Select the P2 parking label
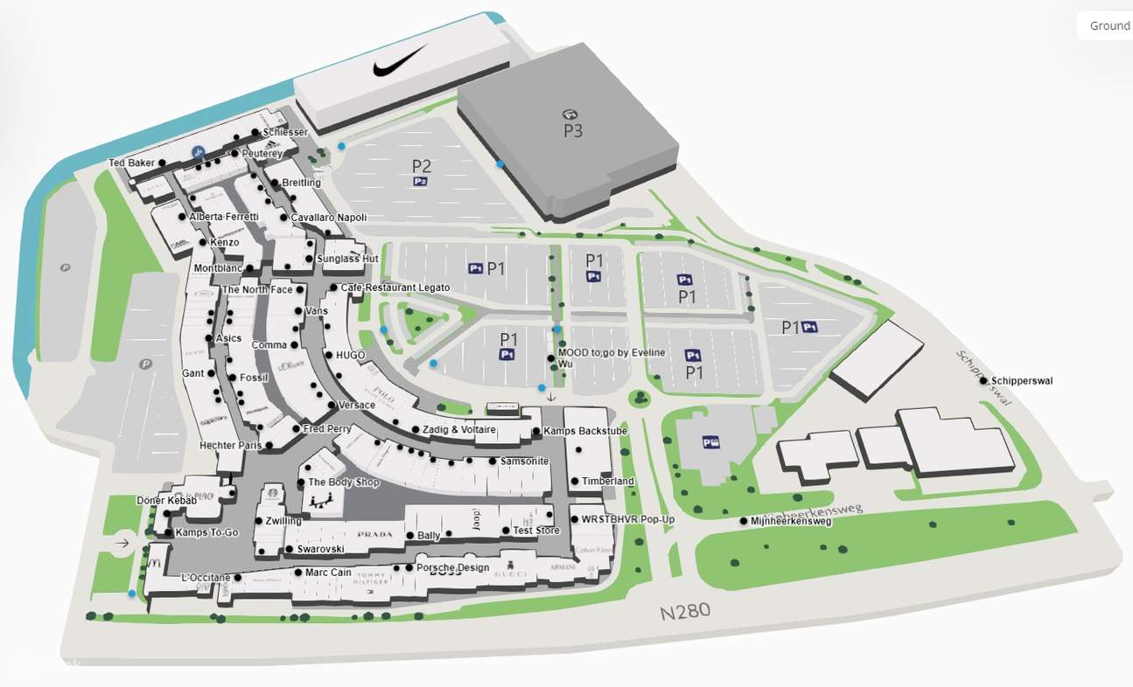pyautogui.click(x=422, y=165)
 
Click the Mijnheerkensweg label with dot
pyautogui.click(x=790, y=522)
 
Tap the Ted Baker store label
pyautogui.click(x=132, y=163)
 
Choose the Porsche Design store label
pyautogui.click(x=451, y=568)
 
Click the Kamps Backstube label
pyautogui.click(x=584, y=431)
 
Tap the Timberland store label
pyautogui.click(x=607, y=482)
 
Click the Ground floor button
pyautogui.click(x=1109, y=26)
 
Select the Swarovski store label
pyautogui.click(x=320, y=550)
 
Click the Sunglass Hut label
pyautogui.click(x=346, y=259)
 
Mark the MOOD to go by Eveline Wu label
pyautogui.click(x=610, y=357)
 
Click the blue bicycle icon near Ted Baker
pyautogui.click(x=199, y=152)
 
